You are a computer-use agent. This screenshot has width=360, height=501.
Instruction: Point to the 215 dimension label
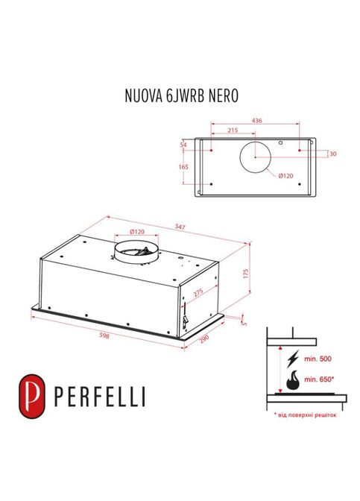pos(232,130)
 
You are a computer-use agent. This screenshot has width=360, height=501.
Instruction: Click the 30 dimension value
pos(332,154)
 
